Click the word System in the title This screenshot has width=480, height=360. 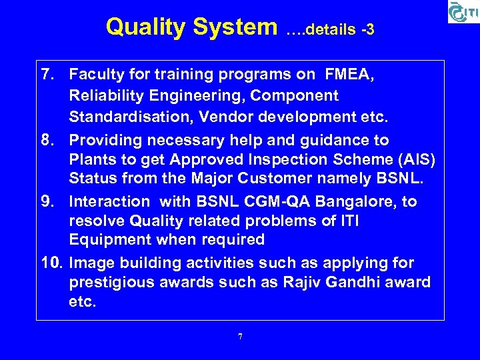click(x=234, y=27)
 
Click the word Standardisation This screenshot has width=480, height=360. click(x=129, y=117)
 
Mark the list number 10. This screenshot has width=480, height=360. click(x=50, y=263)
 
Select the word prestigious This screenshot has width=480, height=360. click(x=113, y=282)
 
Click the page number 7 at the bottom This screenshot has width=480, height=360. click(x=240, y=337)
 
